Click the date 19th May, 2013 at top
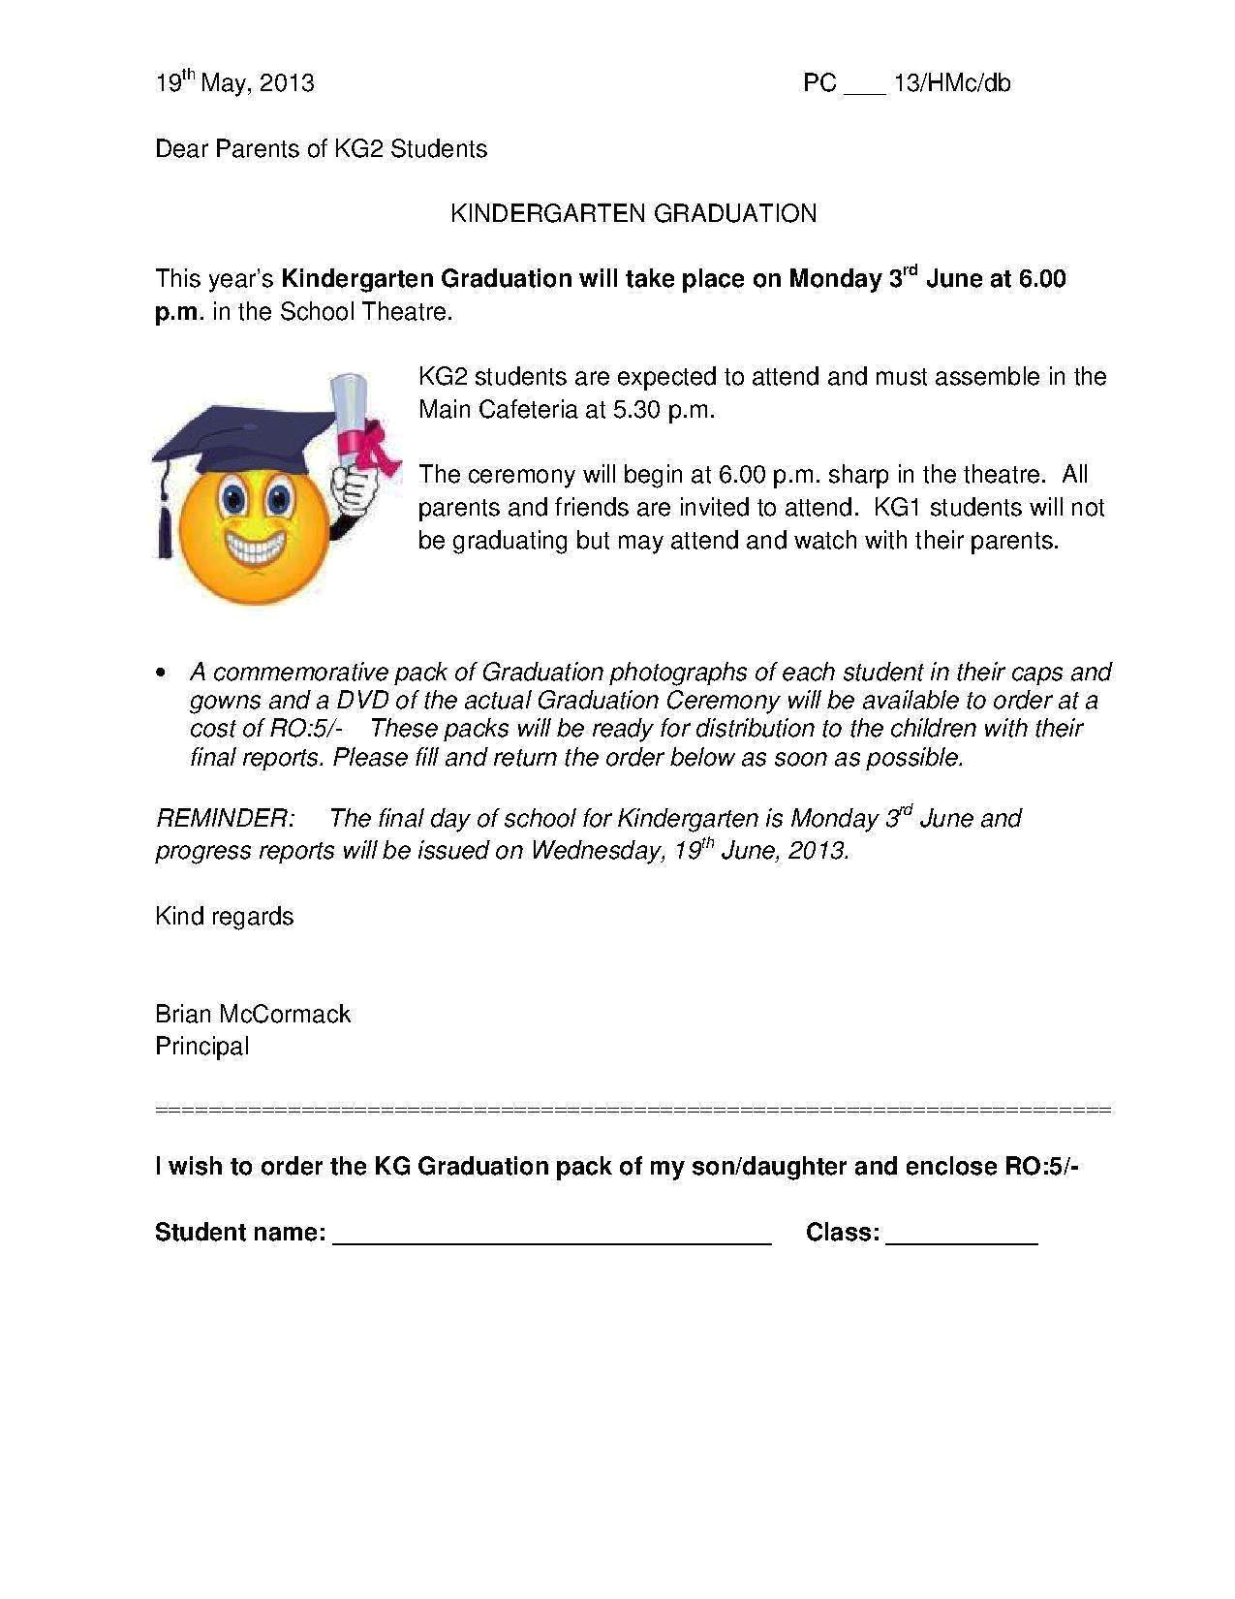coord(234,83)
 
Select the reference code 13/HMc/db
coord(951,83)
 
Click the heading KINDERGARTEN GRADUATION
coord(633,213)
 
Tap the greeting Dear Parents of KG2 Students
coord(321,149)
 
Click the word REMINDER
coord(224,819)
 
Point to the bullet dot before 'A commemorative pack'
coord(161,673)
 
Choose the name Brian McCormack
coord(253,1015)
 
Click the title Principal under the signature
coord(201,1047)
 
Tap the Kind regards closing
coord(224,917)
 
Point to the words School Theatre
coord(366,312)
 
